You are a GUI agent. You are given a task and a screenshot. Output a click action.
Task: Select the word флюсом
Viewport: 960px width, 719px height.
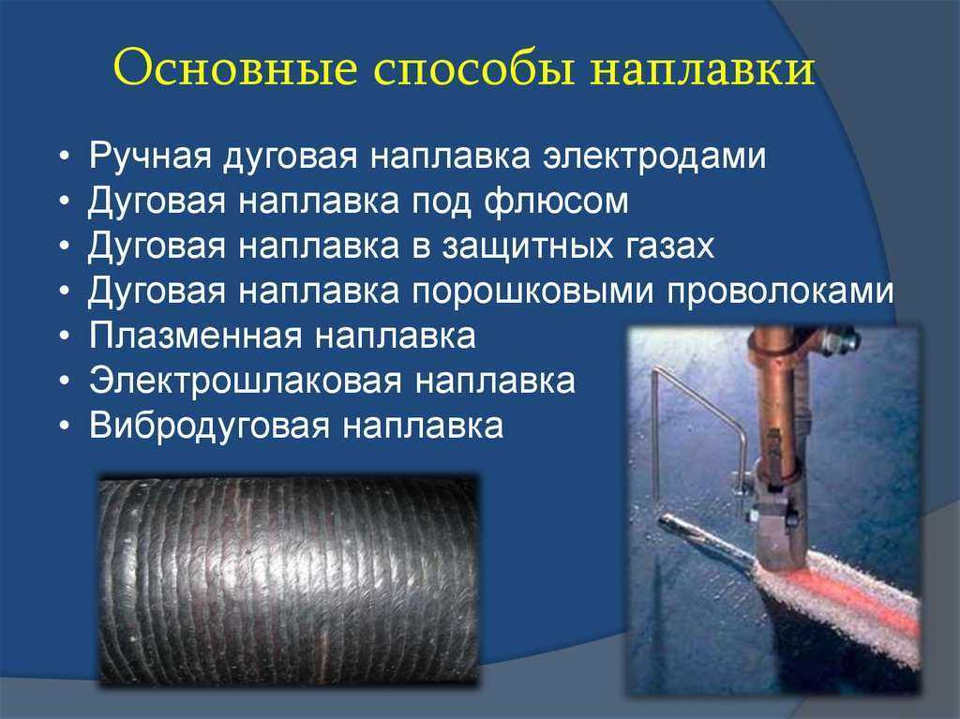(x=557, y=201)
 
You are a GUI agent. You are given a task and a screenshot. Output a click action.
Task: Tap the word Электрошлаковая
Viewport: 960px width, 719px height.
(x=246, y=381)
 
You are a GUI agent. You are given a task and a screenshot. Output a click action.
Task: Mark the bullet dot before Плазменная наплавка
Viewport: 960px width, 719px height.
(x=65, y=337)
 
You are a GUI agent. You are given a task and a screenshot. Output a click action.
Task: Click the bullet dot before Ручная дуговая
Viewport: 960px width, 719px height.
(x=65, y=157)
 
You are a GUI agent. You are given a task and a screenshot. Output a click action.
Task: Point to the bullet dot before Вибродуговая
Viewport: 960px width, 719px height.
(x=65, y=427)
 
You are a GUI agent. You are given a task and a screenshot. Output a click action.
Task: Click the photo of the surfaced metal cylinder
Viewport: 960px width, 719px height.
(x=289, y=579)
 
